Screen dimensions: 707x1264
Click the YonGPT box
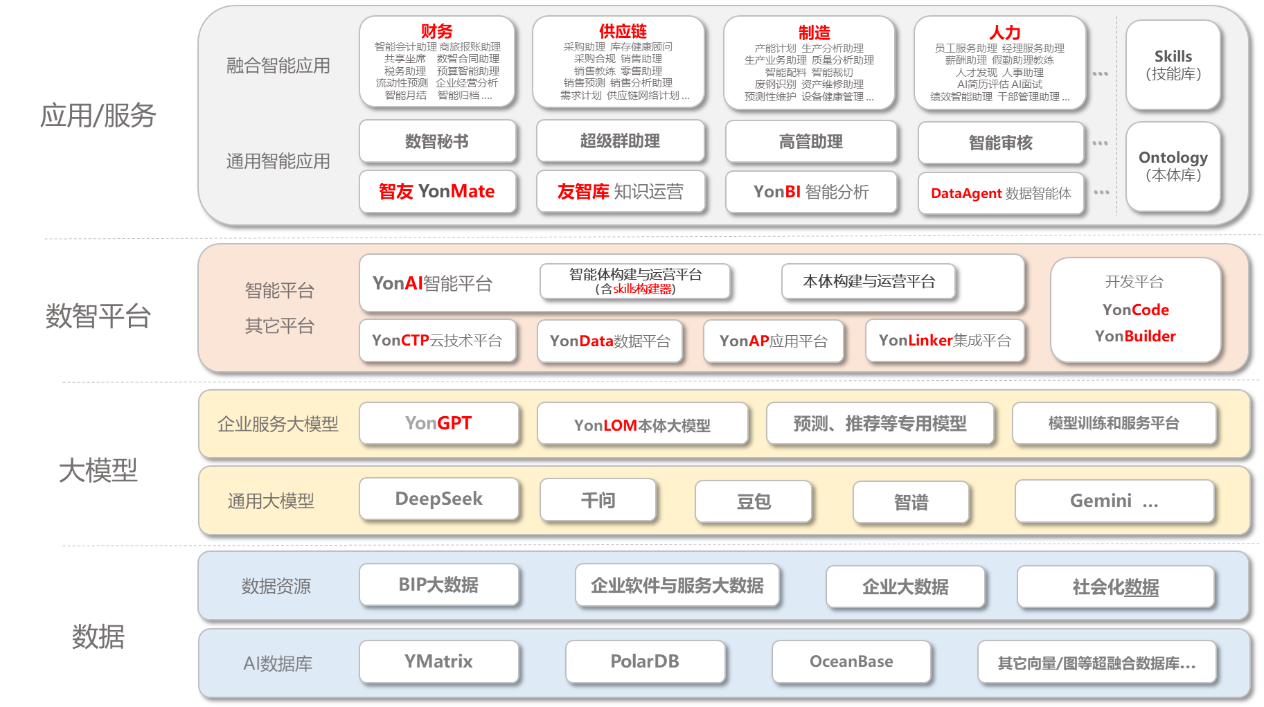(438, 423)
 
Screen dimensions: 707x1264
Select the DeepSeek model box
(438, 499)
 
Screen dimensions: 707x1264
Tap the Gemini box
(1114, 501)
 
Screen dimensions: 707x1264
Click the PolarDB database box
(645, 662)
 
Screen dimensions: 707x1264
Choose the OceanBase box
(851, 662)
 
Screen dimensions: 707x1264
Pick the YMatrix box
(438, 662)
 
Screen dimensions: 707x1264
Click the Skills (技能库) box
(1173, 65)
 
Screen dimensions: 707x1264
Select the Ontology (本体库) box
(1173, 166)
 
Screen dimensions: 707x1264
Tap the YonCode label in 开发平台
(1135, 310)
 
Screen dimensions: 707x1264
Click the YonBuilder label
(1135, 336)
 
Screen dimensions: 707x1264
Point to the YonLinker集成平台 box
(945, 341)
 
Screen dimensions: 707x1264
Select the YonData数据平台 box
(609, 341)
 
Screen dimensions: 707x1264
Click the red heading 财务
(436, 31)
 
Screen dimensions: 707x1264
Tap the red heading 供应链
(623, 31)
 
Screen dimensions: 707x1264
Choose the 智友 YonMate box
(437, 192)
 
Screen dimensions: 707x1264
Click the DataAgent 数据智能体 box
(1001, 193)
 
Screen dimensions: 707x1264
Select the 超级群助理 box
(620, 141)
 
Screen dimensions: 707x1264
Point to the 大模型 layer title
(98, 471)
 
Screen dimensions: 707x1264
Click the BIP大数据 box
(438, 585)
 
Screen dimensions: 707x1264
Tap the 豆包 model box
(754, 501)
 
